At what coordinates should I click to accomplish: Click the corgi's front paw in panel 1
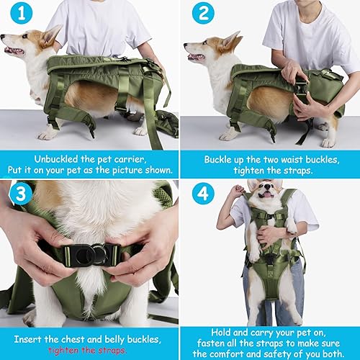(47, 135)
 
